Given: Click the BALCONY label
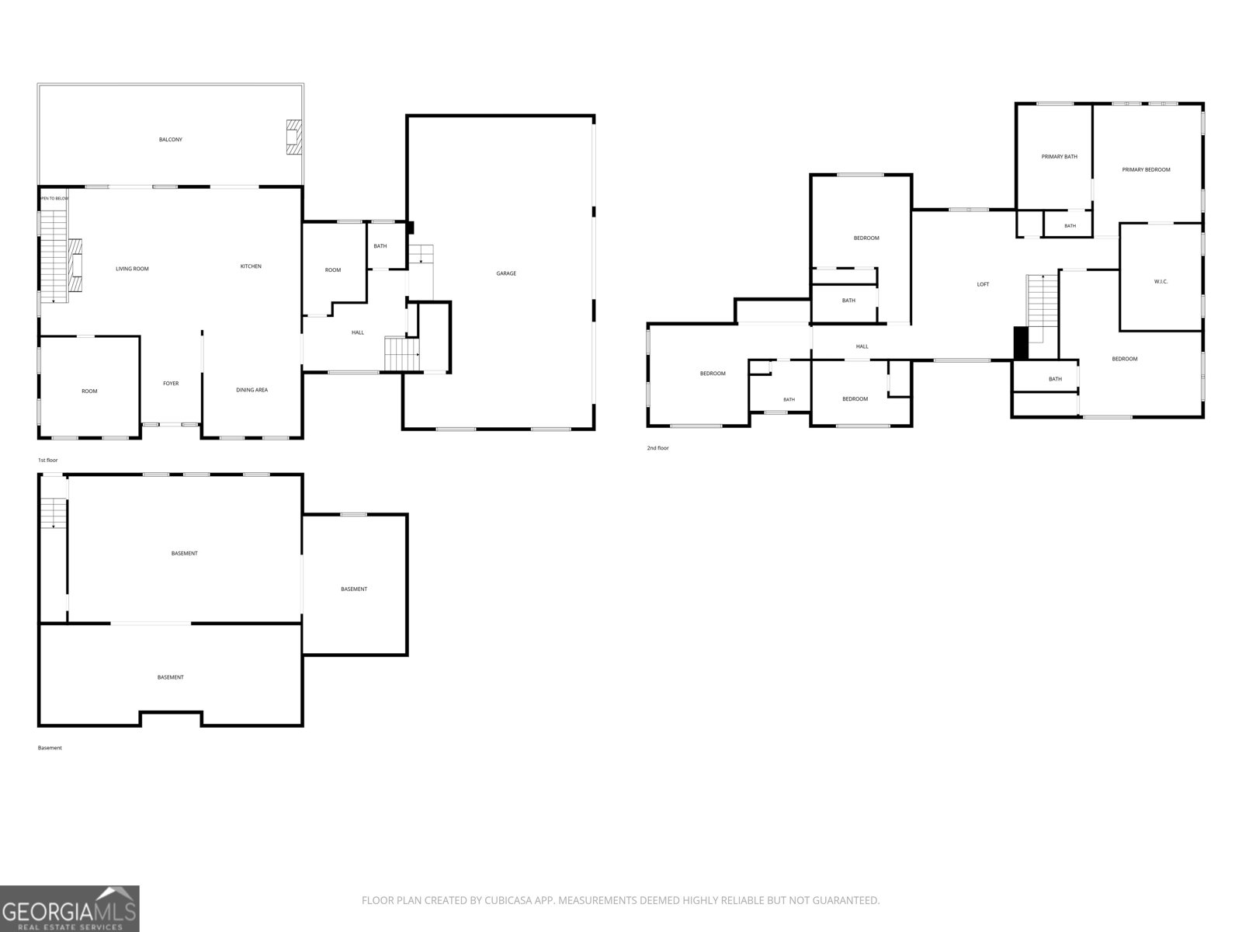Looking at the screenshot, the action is [170, 139].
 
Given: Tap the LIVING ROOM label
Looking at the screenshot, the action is [132, 269].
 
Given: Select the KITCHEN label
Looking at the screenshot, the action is [251, 266].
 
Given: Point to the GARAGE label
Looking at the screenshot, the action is [506, 273].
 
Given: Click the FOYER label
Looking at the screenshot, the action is [171, 383].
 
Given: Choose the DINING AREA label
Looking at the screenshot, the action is [252, 390].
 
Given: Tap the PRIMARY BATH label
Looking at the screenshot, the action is [1060, 156].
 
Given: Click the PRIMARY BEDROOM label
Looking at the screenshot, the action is [1146, 169].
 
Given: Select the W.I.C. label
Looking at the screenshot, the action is [1160, 281].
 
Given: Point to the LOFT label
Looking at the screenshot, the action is [983, 284].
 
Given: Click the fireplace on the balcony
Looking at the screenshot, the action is [293, 137].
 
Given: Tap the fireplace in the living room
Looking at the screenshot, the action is [75, 265].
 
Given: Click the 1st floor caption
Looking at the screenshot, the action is [47, 460].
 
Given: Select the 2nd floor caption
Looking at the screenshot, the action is [657, 447].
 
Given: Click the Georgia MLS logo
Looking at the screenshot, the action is [70, 908].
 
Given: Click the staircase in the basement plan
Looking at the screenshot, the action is [54, 512].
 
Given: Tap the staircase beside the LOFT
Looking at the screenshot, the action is [1043, 308].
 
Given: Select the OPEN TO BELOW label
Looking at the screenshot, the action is [54, 198].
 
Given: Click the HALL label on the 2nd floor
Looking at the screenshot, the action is [862, 346].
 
